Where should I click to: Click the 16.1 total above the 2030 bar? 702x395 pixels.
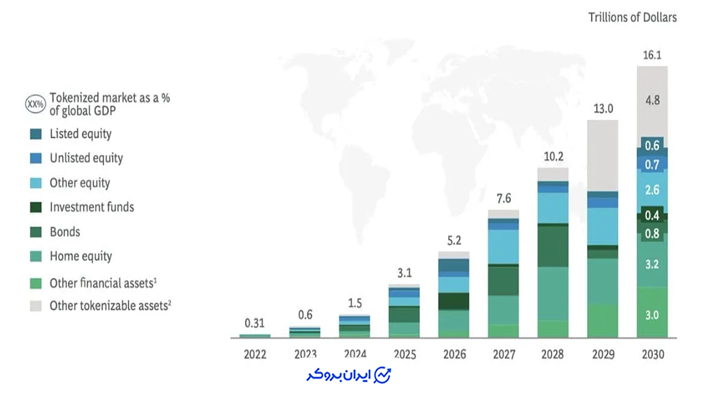pyautogui.click(x=652, y=55)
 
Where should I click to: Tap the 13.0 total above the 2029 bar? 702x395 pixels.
pyautogui.click(x=603, y=109)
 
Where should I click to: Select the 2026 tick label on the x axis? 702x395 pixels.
pyautogui.click(x=455, y=354)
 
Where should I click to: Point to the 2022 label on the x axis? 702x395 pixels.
pyautogui.click(x=255, y=354)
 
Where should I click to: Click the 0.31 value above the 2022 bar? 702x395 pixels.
pyautogui.click(x=254, y=323)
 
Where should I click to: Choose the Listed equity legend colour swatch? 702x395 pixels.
pyautogui.click(x=36, y=134)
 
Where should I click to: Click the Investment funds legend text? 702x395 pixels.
pyautogui.click(x=92, y=207)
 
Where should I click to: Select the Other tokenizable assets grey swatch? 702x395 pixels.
pyautogui.click(x=36, y=306)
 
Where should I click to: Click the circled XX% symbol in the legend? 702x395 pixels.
pyautogui.click(x=36, y=104)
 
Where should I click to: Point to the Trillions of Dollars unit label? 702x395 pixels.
pyautogui.click(x=632, y=18)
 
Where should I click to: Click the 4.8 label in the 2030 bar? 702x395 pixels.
pyautogui.click(x=653, y=100)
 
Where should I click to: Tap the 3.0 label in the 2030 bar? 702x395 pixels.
pyautogui.click(x=652, y=315)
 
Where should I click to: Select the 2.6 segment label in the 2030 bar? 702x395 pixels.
pyautogui.click(x=652, y=190)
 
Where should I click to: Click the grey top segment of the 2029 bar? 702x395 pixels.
pyautogui.click(x=603, y=156)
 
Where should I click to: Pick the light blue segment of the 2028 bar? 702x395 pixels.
pyautogui.click(x=553, y=208)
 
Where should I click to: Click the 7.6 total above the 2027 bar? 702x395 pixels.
pyautogui.click(x=503, y=199)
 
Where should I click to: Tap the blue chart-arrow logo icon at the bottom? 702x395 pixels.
pyautogui.click(x=382, y=375)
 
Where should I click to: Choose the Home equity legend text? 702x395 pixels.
pyautogui.click(x=81, y=256)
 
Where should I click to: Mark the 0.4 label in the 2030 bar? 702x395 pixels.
pyautogui.click(x=652, y=216)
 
